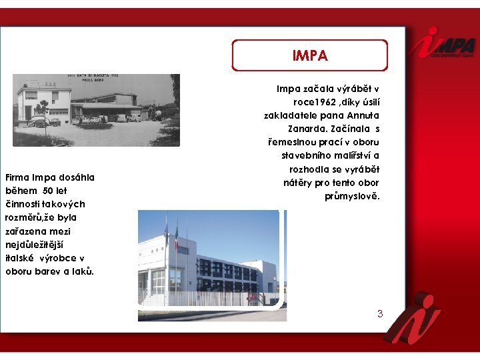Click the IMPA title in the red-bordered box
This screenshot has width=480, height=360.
(x=310, y=55)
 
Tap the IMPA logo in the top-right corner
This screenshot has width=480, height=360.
(x=443, y=43)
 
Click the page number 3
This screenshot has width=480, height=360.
(x=380, y=313)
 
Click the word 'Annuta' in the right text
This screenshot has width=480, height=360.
(x=361, y=115)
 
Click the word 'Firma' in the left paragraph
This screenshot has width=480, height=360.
(x=19, y=177)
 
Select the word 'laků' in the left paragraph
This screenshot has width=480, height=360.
(x=83, y=271)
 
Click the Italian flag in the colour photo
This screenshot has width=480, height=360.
(x=177, y=233)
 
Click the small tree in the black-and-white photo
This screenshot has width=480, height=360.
(x=42, y=107)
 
